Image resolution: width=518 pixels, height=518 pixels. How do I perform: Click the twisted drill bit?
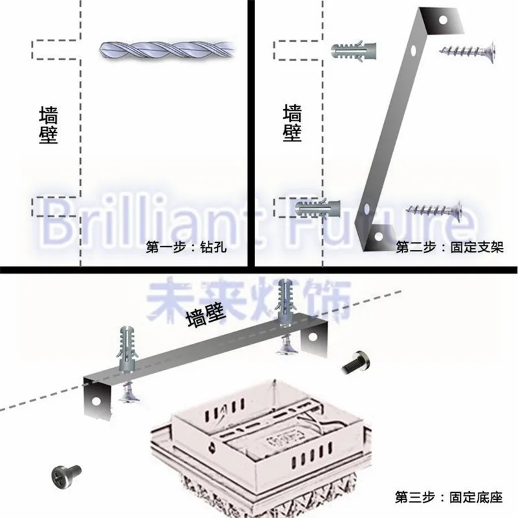click(x=167, y=51)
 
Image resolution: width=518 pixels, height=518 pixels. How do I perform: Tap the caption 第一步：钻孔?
click(x=186, y=247)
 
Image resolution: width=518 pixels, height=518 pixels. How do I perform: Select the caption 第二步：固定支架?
click(x=449, y=247)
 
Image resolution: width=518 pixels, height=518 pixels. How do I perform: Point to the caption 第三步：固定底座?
click(x=449, y=497)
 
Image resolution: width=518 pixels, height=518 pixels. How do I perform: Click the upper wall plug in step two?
click(x=354, y=51)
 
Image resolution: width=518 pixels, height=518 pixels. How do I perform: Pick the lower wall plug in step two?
click(x=317, y=208)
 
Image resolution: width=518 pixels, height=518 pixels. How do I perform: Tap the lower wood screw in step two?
click(x=434, y=208)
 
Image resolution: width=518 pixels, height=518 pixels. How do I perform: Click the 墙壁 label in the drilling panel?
click(x=49, y=125)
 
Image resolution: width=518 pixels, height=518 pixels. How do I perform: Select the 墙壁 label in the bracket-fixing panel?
click(x=293, y=123)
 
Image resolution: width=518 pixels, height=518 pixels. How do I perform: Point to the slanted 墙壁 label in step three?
click(x=206, y=315)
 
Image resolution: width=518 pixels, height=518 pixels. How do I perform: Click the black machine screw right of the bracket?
click(x=356, y=363)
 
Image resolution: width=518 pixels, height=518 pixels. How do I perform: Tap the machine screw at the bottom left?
click(x=66, y=475)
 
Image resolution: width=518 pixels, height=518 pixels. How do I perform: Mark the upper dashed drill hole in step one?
click(x=56, y=50)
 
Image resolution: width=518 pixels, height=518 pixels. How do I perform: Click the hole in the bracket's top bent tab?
click(x=443, y=20)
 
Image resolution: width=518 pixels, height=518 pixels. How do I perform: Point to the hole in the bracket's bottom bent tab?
click(x=378, y=236)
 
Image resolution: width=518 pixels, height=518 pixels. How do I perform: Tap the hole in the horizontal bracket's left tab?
click(x=96, y=401)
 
